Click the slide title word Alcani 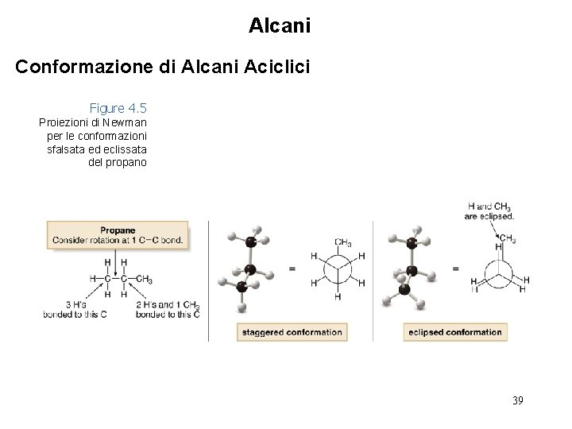click(280, 26)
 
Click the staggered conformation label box click(292, 332)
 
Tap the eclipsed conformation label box click(455, 332)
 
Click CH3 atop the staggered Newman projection click(343, 242)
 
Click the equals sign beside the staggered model click(292, 269)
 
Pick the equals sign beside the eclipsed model click(455, 269)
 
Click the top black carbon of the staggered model click(251, 242)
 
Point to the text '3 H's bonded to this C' click(77, 310)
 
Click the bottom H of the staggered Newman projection click(338, 296)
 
